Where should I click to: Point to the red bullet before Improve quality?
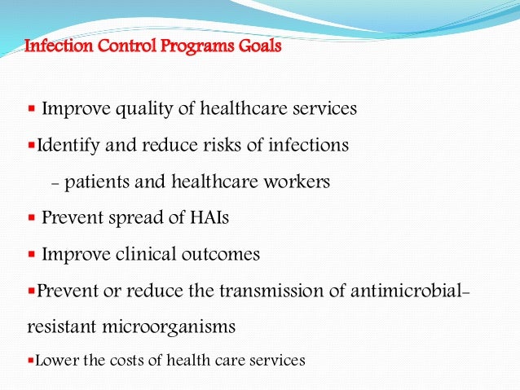click(31, 108)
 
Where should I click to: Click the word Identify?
click(65, 146)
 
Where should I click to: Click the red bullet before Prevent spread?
click(31, 218)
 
